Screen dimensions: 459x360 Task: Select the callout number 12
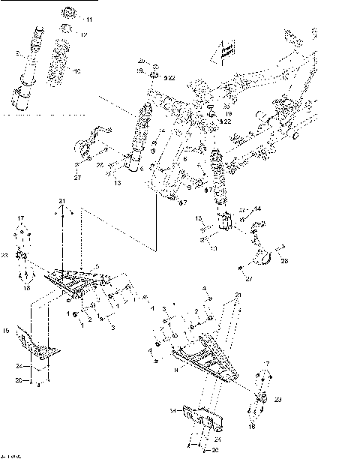click(85, 34)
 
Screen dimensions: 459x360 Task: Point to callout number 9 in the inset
click(16, 53)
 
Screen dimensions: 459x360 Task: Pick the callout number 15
click(5, 330)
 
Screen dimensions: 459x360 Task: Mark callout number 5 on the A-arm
click(95, 265)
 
